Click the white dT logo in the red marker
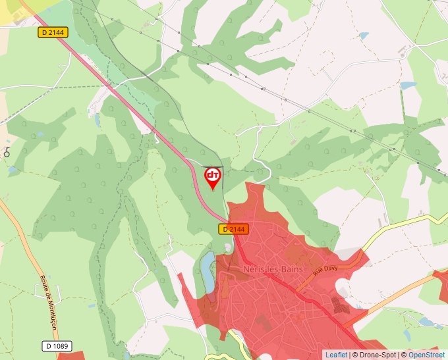click(213, 175)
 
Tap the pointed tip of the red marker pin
click(213, 190)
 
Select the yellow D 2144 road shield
click(53, 32)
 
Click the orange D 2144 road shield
click(234, 229)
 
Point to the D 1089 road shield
click(58, 346)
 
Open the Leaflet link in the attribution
click(336, 355)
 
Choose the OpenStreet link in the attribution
click(426, 355)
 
